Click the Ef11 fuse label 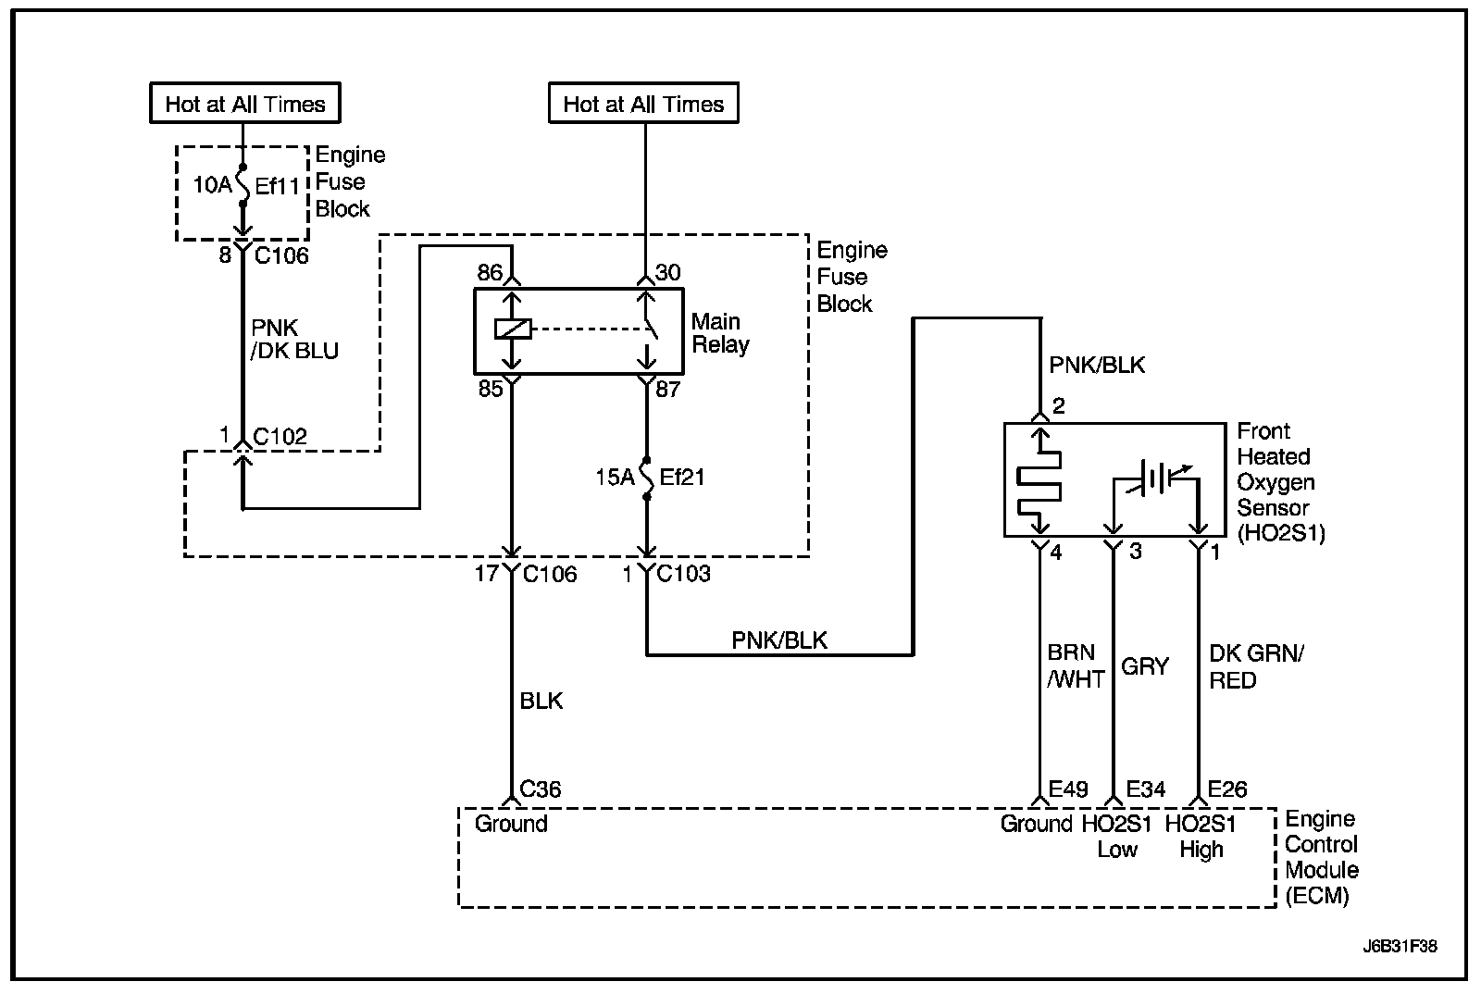[x=278, y=186]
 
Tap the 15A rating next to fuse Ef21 [x=615, y=478]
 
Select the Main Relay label [x=721, y=333]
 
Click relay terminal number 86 [x=490, y=272]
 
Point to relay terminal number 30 [x=667, y=272]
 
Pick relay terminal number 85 [x=491, y=389]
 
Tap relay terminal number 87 [x=667, y=389]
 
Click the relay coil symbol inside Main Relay [x=513, y=329]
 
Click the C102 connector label [x=280, y=436]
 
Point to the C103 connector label [x=684, y=573]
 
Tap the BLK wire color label [x=541, y=701]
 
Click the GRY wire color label [x=1145, y=666]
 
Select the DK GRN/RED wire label [x=1256, y=666]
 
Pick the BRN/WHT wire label [x=1076, y=665]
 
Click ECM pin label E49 [x=1068, y=789]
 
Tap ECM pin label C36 [x=541, y=789]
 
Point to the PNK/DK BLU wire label [x=294, y=339]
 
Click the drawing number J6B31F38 [x=1400, y=947]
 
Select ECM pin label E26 [x=1227, y=789]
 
